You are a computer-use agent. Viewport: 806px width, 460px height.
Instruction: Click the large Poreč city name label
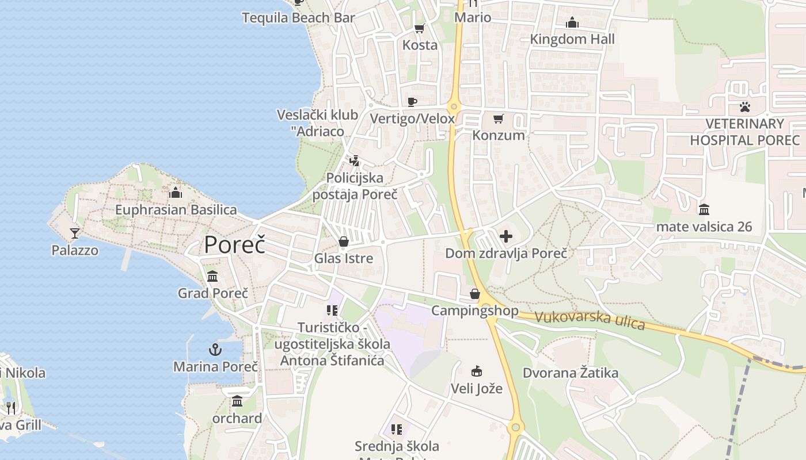[x=235, y=245]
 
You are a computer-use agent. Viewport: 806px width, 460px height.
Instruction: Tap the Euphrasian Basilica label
[x=176, y=210]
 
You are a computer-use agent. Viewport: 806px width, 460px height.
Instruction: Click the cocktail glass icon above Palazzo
[x=75, y=233]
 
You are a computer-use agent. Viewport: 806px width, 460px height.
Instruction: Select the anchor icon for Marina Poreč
[x=215, y=349]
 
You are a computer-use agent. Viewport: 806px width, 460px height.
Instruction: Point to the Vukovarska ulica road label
[x=590, y=320]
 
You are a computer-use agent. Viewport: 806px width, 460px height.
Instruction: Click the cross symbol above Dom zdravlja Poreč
[x=506, y=236]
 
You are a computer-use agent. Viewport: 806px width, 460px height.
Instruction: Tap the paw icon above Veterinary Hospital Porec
[x=745, y=106]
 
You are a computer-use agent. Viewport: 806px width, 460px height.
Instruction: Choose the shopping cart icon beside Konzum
[x=499, y=119]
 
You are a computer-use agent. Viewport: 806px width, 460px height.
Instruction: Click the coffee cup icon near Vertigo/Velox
[x=412, y=102]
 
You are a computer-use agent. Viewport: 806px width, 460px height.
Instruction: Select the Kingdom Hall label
[x=572, y=39]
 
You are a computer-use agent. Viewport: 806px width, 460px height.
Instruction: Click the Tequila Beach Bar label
[x=298, y=18]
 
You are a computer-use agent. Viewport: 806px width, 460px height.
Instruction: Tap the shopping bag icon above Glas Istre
[x=344, y=241]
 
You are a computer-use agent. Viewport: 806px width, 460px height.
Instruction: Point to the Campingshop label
[x=475, y=311]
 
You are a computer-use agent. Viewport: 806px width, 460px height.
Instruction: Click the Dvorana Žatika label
[x=571, y=373]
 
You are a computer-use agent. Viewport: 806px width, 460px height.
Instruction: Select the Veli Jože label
[x=477, y=389]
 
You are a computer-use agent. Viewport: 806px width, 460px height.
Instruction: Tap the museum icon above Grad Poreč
[x=212, y=277]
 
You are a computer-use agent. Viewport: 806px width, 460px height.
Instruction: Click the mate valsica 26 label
[x=704, y=227]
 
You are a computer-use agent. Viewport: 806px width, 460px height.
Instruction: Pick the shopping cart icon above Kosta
[x=420, y=28]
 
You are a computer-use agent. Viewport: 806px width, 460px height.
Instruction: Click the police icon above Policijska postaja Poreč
[x=355, y=161]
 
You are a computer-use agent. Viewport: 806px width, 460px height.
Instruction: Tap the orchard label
[x=237, y=418]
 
